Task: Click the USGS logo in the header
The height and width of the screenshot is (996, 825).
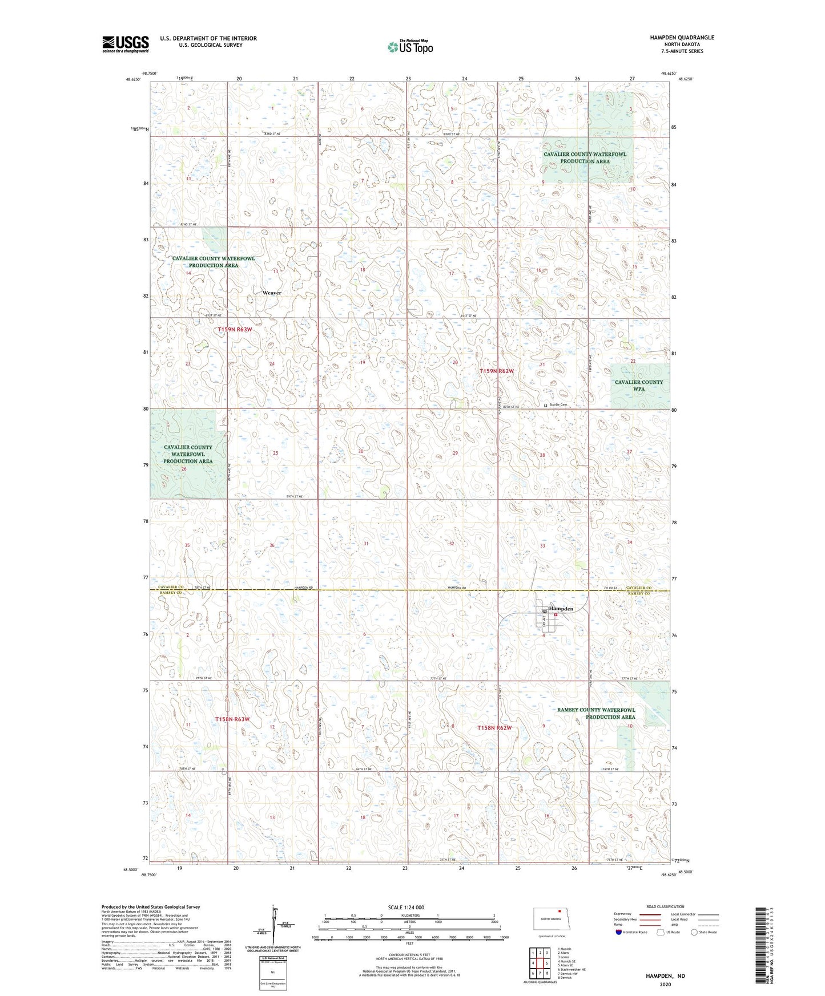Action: pos(125,44)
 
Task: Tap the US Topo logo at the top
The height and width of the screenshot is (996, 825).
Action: pos(409,47)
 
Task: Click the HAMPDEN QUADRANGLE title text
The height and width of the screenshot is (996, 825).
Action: pos(682,38)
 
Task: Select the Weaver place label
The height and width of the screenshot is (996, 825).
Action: pos(272,293)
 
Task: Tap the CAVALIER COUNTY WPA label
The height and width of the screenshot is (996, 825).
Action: pos(639,386)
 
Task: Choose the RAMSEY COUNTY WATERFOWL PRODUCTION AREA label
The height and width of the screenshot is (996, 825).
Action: pos(596,713)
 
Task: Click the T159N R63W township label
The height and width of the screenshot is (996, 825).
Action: pos(234,330)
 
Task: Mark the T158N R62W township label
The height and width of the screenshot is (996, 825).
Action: pos(494,728)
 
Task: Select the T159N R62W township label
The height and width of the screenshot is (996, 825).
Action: pos(496,371)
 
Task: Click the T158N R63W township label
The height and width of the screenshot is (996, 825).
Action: pos(232,719)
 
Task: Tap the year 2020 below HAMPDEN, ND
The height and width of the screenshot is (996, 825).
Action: pos(665,984)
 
